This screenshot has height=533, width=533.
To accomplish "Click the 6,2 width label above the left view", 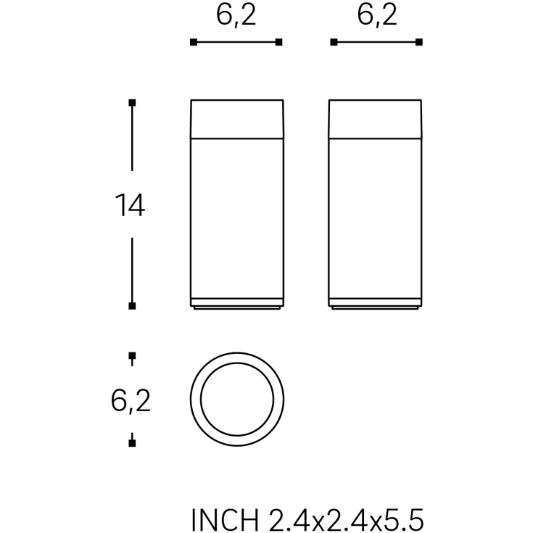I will (236, 16).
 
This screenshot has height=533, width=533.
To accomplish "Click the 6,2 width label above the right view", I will (377, 16).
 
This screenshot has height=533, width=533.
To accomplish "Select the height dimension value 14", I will (130, 207).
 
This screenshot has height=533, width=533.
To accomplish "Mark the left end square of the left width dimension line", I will (193, 43).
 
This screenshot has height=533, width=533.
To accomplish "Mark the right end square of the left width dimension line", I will (279, 43).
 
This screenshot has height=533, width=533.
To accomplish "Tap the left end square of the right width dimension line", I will (334, 43).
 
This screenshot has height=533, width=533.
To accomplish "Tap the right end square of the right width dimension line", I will (420, 43).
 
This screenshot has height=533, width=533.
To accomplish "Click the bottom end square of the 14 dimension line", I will (132, 305).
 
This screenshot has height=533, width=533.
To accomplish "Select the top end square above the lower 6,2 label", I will (132, 355).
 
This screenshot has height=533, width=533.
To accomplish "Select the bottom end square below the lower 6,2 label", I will (132, 441).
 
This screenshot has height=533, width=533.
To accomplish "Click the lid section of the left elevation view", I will (236, 117).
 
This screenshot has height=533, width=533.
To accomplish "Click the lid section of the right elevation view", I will (376, 117).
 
